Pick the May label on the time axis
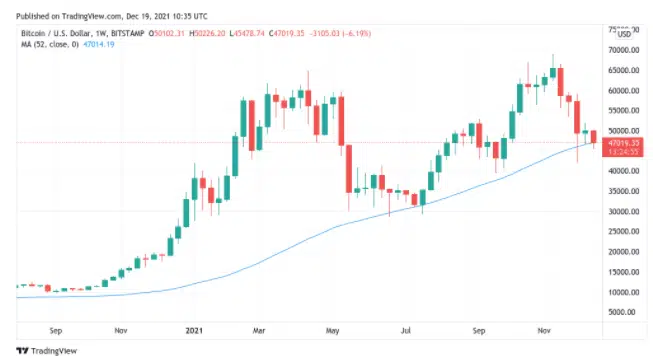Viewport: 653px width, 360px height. pos(334,327)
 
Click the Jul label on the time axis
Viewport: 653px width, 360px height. pos(406,327)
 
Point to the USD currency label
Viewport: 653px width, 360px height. pos(626,37)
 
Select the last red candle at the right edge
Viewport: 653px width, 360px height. pos(593,138)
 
